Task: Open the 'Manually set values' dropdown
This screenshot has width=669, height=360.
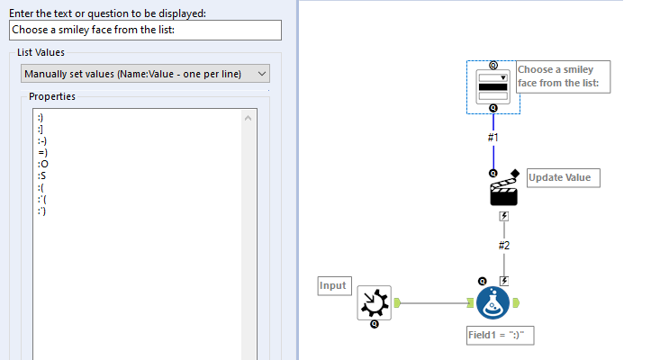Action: pyautogui.click(x=144, y=74)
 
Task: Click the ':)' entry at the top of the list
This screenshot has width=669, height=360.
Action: pyautogui.click(x=41, y=118)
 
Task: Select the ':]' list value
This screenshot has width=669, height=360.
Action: pyautogui.click(x=41, y=130)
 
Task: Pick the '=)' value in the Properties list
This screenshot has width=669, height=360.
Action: pyautogui.click(x=42, y=153)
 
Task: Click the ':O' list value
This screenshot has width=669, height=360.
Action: pyautogui.click(x=42, y=165)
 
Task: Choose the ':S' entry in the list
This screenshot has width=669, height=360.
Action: pyautogui.click(x=42, y=176)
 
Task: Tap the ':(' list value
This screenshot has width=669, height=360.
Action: pyautogui.click(x=41, y=188)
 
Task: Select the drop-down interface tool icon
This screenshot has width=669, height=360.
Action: pyautogui.click(x=493, y=86)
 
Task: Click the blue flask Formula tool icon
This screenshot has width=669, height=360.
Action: pyautogui.click(x=493, y=302)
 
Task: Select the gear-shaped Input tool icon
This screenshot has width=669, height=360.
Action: pyautogui.click(x=374, y=303)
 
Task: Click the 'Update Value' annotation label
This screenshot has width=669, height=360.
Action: pyautogui.click(x=562, y=177)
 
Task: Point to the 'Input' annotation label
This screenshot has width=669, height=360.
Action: pyautogui.click(x=333, y=286)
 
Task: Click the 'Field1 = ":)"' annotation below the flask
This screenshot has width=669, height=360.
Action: pyautogui.click(x=501, y=334)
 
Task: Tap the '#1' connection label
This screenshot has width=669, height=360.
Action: pyautogui.click(x=493, y=138)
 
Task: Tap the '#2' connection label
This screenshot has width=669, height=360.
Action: pyautogui.click(x=504, y=245)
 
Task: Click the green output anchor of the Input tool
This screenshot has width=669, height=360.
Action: pyautogui.click(x=396, y=303)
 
